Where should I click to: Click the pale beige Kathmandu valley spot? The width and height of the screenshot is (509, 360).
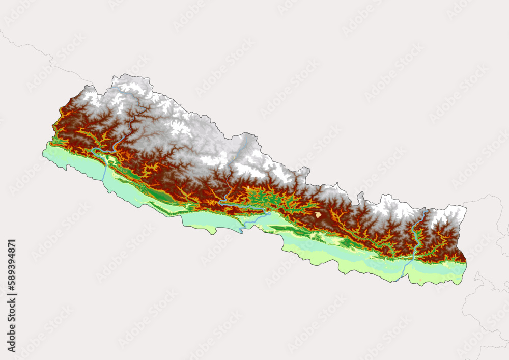pyautogui.click(x=319, y=214)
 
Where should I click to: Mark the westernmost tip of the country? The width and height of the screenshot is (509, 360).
pyautogui.click(x=43, y=153)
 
